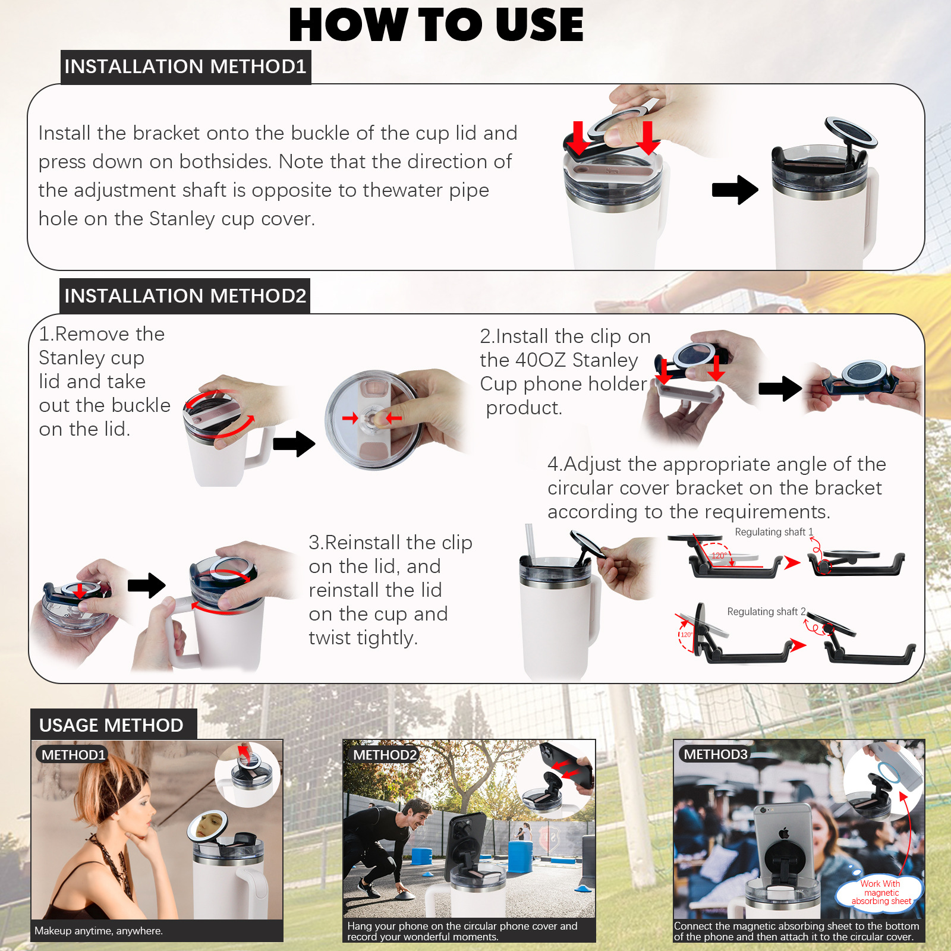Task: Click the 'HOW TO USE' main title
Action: pyautogui.click(x=436, y=25)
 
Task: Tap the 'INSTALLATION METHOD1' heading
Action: pyautogui.click(x=185, y=67)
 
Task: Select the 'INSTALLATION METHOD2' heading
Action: pyautogui.click(x=185, y=295)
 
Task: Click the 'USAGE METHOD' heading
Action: pyautogui.click(x=112, y=725)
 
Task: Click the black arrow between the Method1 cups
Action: pyautogui.click(x=735, y=190)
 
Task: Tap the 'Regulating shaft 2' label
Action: pyautogui.click(x=766, y=612)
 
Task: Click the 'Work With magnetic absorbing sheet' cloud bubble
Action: pyautogui.click(x=880, y=892)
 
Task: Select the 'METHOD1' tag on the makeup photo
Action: pyautogui.click(x=73, y=755)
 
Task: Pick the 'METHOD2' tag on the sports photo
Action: pyautogui.click(x=385, y=755)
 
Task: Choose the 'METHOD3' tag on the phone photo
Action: pyautogui.click(x=716, y=754)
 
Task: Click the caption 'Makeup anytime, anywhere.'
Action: pyautogui.click(x=99, y=931)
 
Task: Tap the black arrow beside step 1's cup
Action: pyautogui.click(x=294, y=444)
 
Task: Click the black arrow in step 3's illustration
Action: pyautogui.click(x=147, y=585)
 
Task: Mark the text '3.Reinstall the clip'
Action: pyautogui.click(x=391, y=543)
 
